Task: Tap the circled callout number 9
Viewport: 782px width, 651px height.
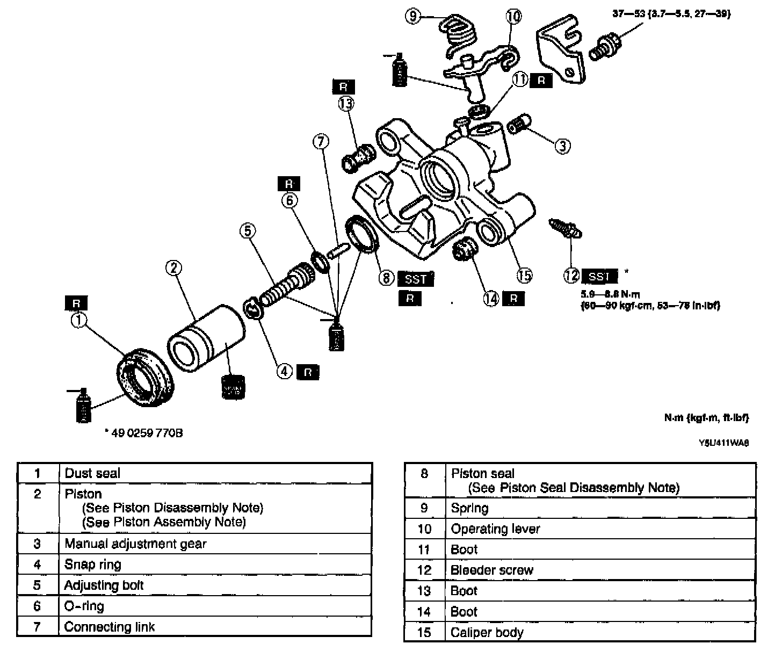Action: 413,17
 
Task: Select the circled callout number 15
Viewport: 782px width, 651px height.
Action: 524,276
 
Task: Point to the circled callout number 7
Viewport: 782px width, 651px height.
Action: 320,142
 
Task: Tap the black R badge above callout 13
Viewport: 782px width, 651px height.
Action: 344,87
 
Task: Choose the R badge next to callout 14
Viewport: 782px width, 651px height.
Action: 514,298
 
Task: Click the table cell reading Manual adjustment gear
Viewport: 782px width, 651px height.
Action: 135,544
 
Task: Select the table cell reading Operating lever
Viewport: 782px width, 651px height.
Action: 495,529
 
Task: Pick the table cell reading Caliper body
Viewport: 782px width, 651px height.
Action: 487,632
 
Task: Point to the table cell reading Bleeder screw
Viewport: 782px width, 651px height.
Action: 492,570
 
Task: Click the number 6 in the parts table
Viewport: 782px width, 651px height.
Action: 37,606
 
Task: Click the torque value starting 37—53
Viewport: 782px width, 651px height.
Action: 671,15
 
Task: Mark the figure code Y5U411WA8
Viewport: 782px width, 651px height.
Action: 723,444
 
